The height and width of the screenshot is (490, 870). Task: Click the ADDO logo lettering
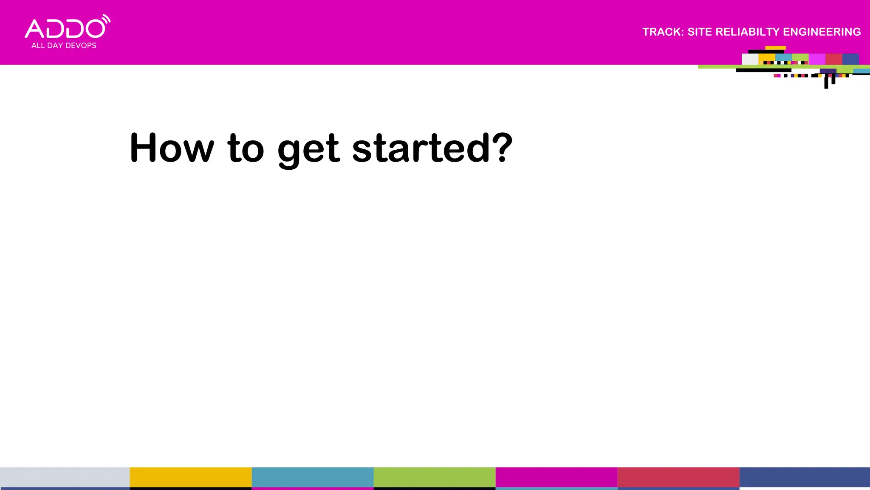(65, 29)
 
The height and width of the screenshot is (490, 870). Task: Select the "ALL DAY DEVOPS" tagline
(64, 46)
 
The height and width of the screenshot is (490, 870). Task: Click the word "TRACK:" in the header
(663, 32)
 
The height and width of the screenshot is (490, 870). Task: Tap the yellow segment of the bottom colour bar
(190, 477)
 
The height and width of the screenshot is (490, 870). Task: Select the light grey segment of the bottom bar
(65, 477)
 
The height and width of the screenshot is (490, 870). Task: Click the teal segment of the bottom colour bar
(312, 477)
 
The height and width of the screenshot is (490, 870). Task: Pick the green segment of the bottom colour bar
(434, 477)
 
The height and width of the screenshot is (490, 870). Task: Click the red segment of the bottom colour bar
(678, 477)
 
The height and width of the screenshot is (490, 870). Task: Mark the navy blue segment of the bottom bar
(805, 477)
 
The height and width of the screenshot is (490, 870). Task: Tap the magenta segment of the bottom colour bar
(556, 477)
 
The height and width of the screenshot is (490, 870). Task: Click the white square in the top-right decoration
(750, 59)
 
